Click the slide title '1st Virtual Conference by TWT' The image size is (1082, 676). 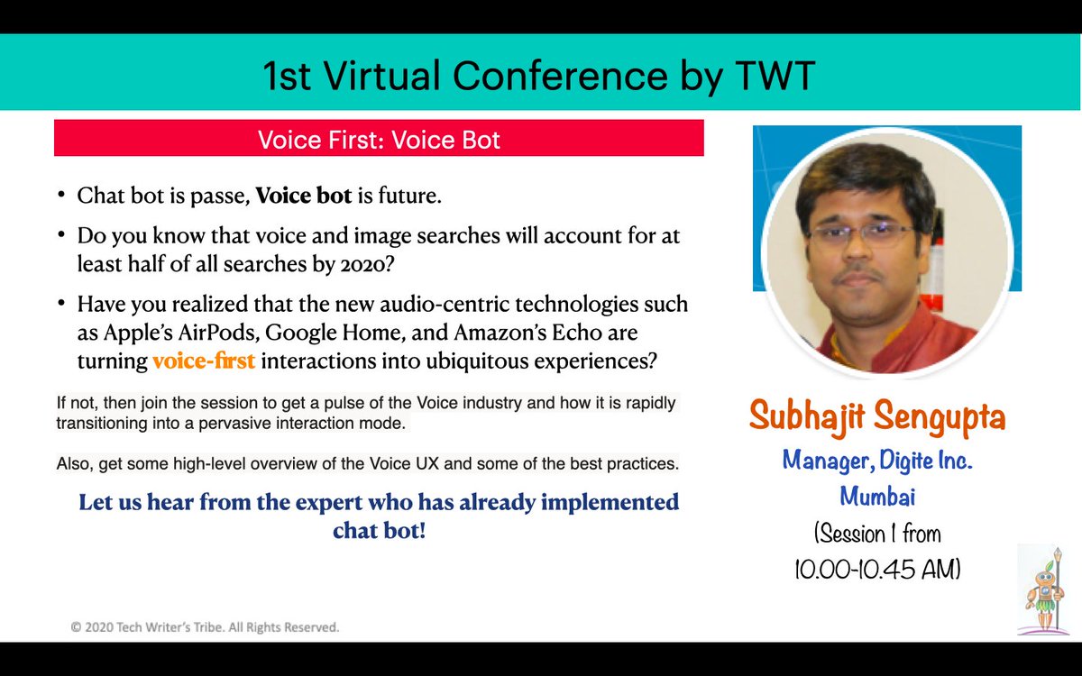539,78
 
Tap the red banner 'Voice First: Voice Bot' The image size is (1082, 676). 379,140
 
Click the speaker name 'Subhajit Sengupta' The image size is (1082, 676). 877,418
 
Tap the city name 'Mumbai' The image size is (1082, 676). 877,496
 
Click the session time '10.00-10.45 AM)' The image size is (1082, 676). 877,568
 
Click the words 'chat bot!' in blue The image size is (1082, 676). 379,530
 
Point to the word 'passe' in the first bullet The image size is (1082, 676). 223,196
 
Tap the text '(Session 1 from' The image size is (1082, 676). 877,534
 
